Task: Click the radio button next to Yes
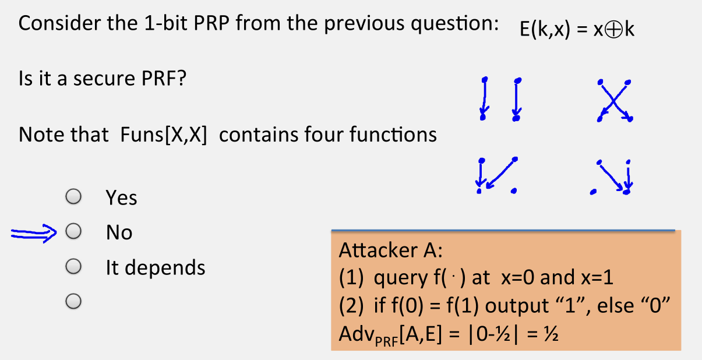[73, 197]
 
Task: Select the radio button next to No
[73, 232]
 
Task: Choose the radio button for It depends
[73, 267]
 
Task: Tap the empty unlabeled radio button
[73, 301]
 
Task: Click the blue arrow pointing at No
[33, 233]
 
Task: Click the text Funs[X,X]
[163, 135]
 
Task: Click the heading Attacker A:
[391, 250]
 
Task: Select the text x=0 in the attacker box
[515, 278]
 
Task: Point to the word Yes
[121, 198]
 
